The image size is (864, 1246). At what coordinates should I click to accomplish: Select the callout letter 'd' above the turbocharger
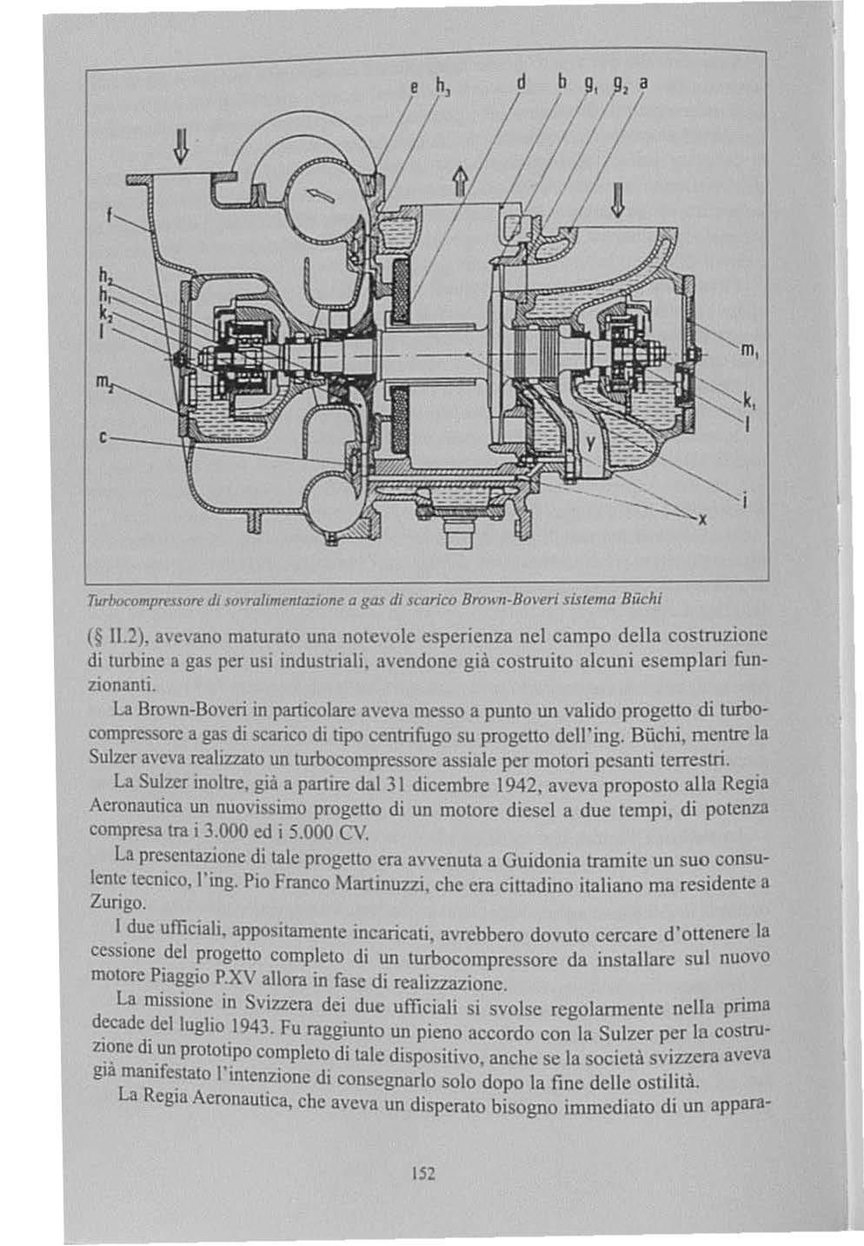click(x=522, y=86)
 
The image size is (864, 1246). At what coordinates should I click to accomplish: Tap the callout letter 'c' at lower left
click(x=103, y=436)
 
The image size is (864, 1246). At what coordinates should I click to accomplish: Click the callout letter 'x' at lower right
click(x=703, y=520)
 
